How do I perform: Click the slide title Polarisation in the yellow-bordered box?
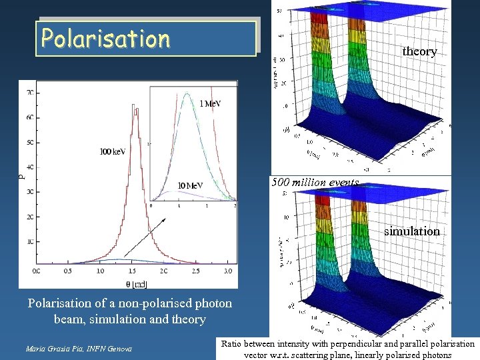coord(105,39)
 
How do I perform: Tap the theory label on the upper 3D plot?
coord(419,51)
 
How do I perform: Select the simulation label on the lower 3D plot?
coord(411,231)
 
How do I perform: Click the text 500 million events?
coord(315,183)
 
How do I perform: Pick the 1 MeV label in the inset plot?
coord(210,103)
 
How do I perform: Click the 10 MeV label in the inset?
coord(190,185)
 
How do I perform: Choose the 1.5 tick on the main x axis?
coord(131,271)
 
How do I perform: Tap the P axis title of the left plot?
coord(21,176)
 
